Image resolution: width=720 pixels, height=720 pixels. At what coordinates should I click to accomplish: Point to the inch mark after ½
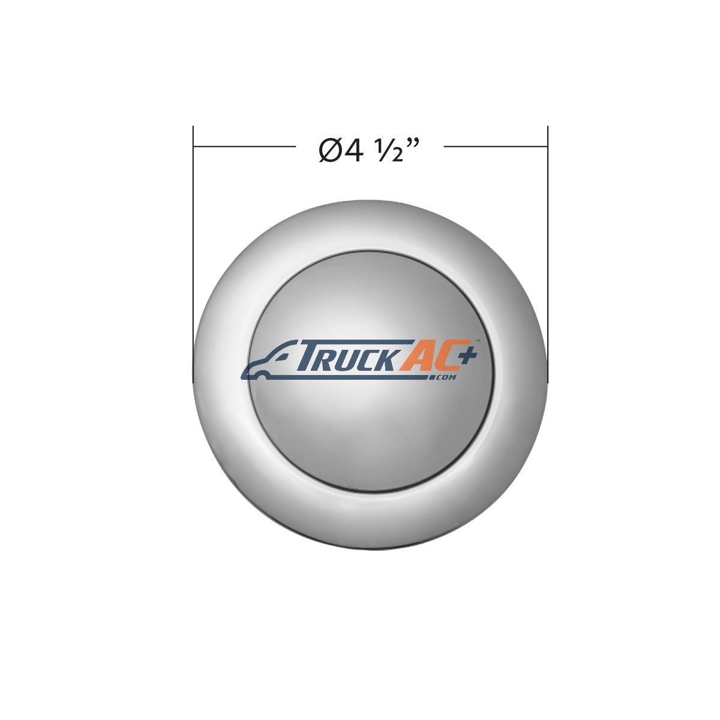coord(413,145)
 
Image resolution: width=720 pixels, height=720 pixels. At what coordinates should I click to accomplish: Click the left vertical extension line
coord(193,254)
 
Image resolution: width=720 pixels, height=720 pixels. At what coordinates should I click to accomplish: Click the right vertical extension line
coord(548,254)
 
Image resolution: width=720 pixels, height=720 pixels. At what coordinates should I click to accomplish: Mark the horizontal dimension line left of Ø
coord(245,146)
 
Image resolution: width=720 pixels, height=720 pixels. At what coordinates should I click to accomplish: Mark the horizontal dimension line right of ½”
coord(496,146)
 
